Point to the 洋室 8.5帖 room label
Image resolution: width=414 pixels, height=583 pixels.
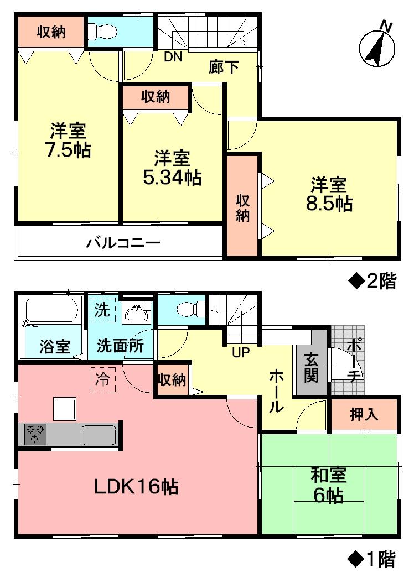(x=329, y=194)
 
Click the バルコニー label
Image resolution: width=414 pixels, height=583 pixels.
(x=123, y=243)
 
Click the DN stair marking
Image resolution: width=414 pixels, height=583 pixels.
(x=173, y=56)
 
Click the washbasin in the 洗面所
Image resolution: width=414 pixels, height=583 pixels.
(x=136, y=314)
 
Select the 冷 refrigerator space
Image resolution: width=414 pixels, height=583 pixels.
(x=103, y=379)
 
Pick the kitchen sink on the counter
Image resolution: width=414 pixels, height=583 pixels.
(x=99, y=435)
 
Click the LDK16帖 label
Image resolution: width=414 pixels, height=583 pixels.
(x=135, y=487)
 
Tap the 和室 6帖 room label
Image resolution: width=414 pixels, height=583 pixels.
(x=329, y=485)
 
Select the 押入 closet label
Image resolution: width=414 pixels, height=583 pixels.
(x=364, y=415)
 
